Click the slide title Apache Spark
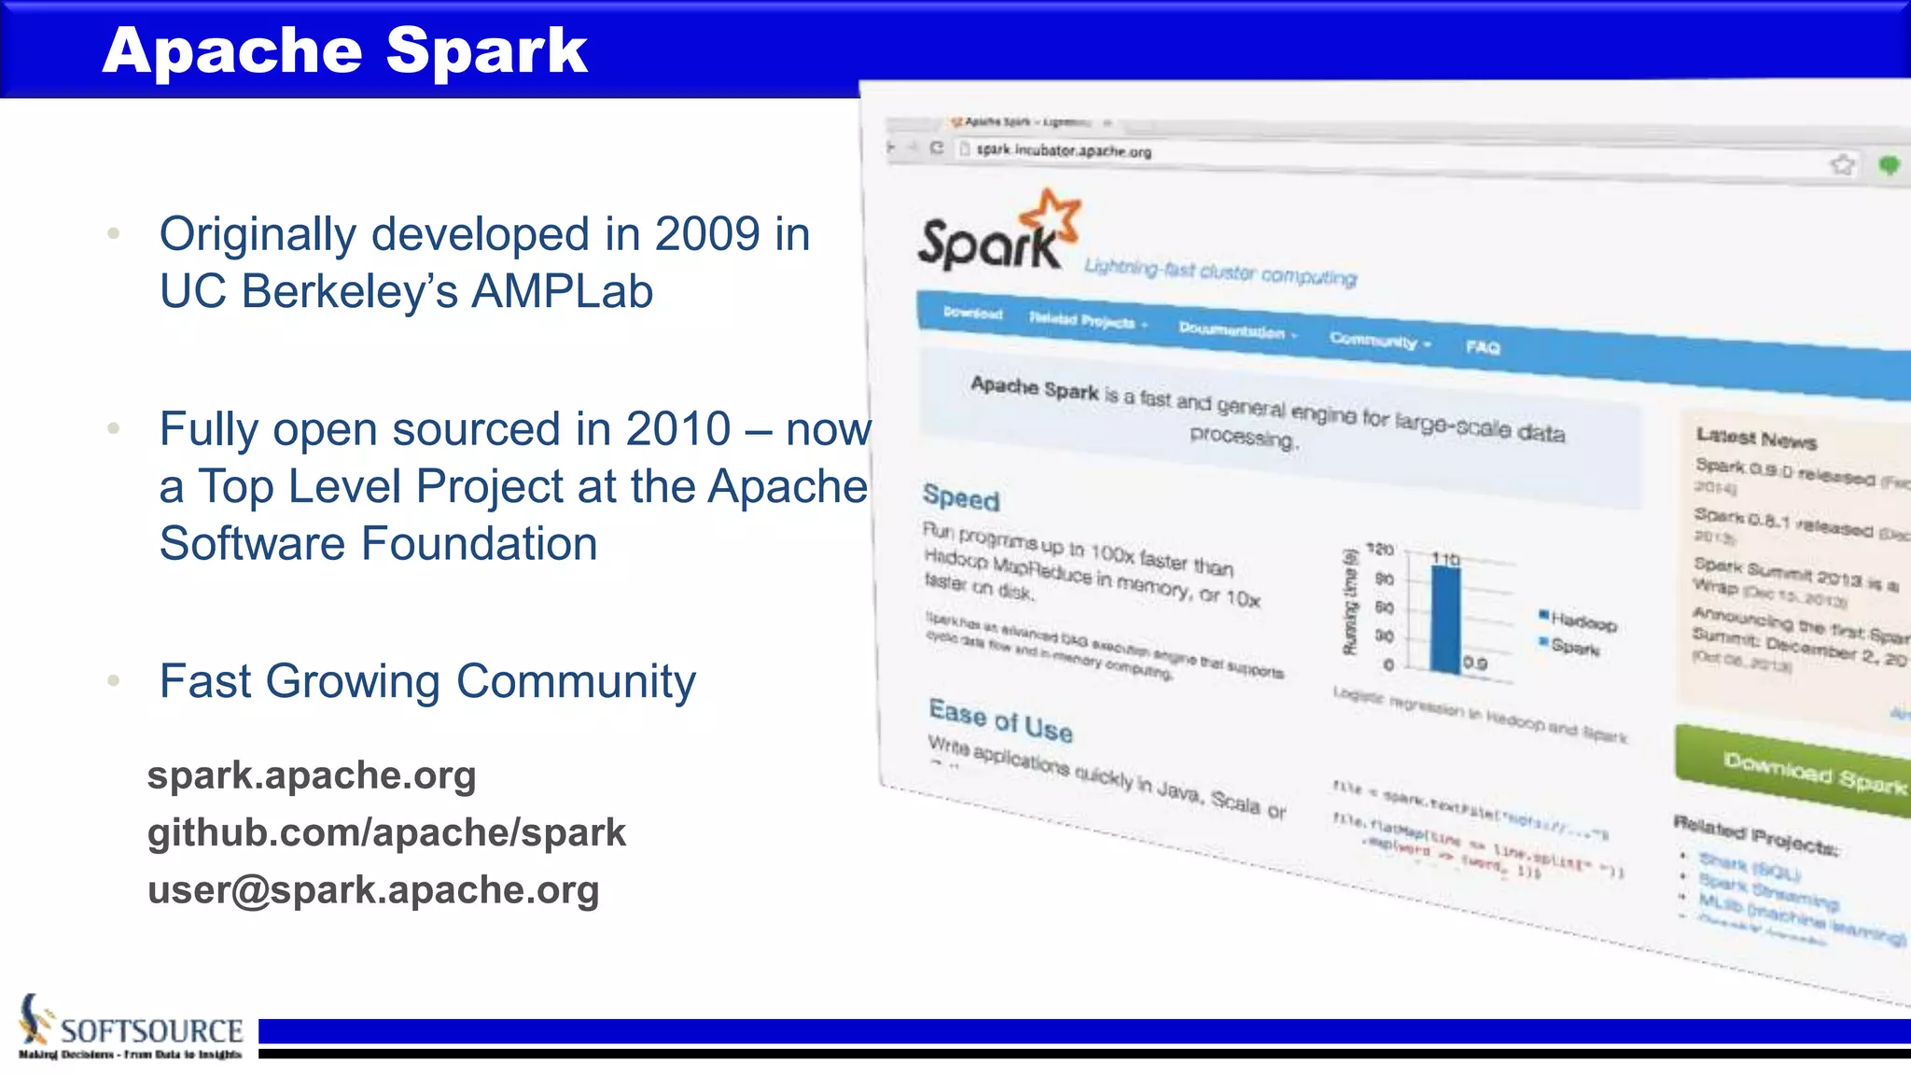[344, 50]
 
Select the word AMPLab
[562, 291]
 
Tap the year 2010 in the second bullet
[678, 429]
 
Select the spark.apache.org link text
[312, 775]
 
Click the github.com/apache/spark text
[386, 832]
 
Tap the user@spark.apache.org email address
[373, 889]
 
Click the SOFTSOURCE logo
[131, 1029]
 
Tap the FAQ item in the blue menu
[1482, 347]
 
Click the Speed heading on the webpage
[960, 497]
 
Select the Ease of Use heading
[1000, 720]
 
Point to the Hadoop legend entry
[1582, 621]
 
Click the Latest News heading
[1755, 437]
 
